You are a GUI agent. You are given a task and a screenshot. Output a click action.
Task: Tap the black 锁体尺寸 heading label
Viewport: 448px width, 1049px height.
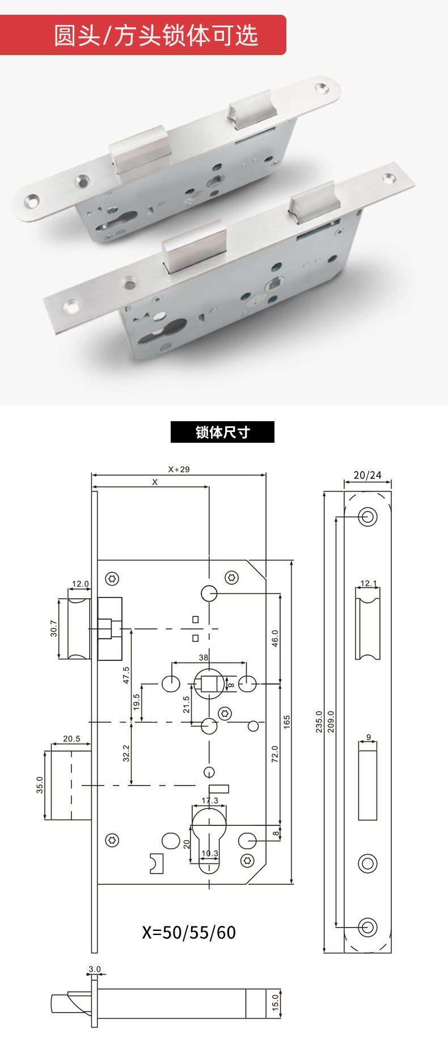pyautogui.click(x=222, y=432)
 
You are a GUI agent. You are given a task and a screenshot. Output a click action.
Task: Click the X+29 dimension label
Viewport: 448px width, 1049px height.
pyautogui.click(x=179, y=469)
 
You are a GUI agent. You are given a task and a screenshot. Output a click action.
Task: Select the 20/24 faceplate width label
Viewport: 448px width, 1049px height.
pyautogui.click(x=367, y=475)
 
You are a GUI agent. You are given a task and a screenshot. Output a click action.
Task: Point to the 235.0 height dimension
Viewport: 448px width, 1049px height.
pyautogui.click(x=319, y=721)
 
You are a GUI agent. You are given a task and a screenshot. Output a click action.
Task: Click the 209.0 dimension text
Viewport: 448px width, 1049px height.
pyautogui.click(x=331, y=721)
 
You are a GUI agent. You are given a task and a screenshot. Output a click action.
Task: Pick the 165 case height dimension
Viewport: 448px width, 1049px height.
pyautogui.click(x=287, y=721)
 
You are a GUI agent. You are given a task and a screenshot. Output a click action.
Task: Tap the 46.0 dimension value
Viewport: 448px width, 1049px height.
pyautogui.click(x=275, y=639)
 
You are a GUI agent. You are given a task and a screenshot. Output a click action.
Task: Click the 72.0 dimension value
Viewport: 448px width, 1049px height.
pyautogui.click(x=275, y=754)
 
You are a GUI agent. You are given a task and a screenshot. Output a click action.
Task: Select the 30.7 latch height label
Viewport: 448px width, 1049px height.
pyautogui.click(x=54, y=628)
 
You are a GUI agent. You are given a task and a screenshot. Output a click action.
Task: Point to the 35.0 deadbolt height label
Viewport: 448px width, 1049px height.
pyautogui.click(x=40, y=785)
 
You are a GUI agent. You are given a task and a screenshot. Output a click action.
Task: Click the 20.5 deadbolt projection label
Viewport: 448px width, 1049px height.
pyautogui.click(x=71, y=739)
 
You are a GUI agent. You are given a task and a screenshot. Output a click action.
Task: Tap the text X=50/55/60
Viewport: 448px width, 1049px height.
pyautogui.click(x=189, y=932)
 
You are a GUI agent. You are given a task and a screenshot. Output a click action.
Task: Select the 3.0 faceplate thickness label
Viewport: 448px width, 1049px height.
pyautogui.click(x=94, y=969)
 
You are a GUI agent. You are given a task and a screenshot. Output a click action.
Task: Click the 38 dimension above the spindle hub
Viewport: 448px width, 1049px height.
pyautogui.click(x=204, y=657)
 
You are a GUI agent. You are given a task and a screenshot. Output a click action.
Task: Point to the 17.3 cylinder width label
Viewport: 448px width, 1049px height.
pyautogui.click(x=210, y=801)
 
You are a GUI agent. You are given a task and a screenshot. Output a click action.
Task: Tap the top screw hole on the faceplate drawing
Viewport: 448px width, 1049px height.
pyautogui.click(x=367, y=517)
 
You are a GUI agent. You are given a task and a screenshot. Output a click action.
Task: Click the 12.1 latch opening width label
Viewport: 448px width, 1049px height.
pyautogui.click(x=368, y=583)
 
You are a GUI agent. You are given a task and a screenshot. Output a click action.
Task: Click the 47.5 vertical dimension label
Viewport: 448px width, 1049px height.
pyautogui.click(x=126, y=675)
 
